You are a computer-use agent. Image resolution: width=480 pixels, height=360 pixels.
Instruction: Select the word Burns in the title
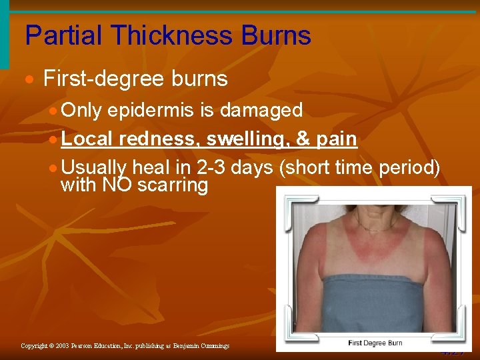281,35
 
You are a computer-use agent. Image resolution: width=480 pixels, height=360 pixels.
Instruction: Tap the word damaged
263,110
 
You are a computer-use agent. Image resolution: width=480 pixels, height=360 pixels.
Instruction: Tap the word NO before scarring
117,185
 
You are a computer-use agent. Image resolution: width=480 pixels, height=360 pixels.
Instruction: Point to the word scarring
173,185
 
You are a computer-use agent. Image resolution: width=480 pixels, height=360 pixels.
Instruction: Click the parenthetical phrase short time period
361,168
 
